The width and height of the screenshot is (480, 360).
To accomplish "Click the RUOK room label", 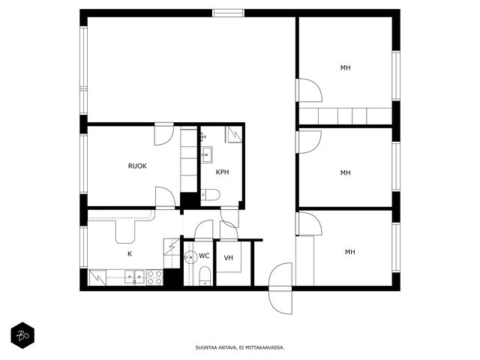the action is coord(137,166).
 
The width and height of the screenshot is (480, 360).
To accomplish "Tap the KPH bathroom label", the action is coord(223,172).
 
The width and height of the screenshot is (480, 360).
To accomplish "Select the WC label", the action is coord(204,256).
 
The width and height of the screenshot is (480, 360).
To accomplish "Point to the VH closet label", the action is coord(229,258).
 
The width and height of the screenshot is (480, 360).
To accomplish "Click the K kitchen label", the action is coord(130,253).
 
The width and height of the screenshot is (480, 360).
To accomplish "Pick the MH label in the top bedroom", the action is coord(346,67).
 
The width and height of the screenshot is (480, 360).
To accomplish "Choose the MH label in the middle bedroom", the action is coord(346,172).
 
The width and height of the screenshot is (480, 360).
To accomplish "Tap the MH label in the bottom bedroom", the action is coord(350,252).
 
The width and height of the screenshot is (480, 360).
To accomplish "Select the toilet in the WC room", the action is coord(205,276).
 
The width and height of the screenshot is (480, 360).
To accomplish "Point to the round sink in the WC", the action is coord(190,257).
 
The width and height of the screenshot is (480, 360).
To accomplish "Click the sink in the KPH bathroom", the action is coord(207,155).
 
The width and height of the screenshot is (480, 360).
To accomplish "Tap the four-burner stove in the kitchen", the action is coord(154,277).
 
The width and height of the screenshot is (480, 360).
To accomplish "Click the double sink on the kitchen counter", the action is coord(134,277).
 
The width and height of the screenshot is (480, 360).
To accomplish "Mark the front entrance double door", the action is coord(280,288).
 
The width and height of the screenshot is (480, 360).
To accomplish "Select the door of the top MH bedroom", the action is coord(308,90).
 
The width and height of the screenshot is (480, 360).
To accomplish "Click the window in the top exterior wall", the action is coord(228,13).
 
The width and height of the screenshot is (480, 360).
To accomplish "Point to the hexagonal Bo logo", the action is coord(22,335).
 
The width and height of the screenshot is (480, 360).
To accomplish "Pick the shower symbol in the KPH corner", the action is coord(233,134).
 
